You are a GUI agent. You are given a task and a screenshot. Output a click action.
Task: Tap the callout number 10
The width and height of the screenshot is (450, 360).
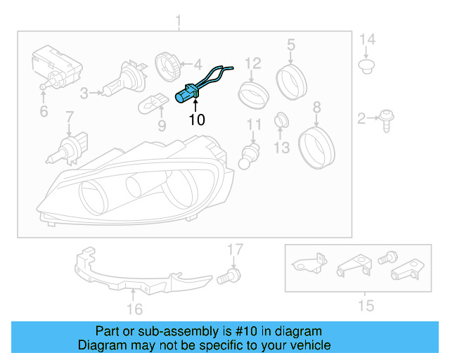tap(197, 120)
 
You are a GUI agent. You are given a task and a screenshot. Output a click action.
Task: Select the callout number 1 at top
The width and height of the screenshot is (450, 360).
tap(178, 19)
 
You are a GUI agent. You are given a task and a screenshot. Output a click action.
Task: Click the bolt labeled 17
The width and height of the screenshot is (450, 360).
tap(228, 276)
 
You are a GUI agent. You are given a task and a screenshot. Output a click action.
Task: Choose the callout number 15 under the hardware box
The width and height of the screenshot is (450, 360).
tap(366, 305)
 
